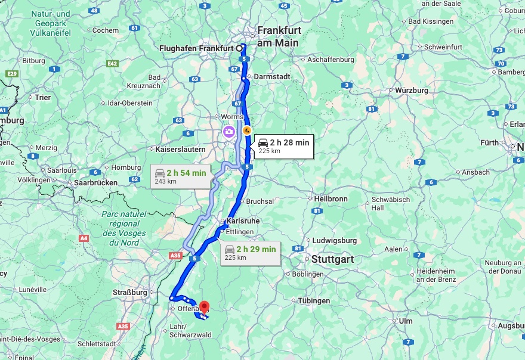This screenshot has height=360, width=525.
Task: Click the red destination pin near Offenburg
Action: coord(204,308)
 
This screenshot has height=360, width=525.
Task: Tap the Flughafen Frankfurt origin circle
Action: coord(239,48)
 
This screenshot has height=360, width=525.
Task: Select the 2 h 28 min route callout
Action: coord(283,145)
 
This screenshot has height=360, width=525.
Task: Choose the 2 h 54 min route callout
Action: coord(180,176)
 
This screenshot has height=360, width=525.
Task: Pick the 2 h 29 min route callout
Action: coord(250,253)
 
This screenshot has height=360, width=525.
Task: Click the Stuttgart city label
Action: coord(332,259)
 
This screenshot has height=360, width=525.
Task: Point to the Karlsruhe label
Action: coord(243,221)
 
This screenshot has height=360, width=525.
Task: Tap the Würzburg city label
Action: coord(412,90)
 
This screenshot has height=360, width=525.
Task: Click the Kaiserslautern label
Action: coord(180,149)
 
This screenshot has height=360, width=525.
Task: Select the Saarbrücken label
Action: coord(95,182)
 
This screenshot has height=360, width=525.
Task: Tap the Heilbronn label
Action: coord(331,198)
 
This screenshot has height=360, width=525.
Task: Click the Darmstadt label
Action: coord(271,77)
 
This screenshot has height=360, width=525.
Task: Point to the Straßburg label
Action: coord(129,293)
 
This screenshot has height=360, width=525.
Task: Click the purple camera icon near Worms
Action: coord(228,131)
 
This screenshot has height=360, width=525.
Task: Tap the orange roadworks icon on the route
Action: coord(246,130)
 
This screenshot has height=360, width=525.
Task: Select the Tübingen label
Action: coord(314,301)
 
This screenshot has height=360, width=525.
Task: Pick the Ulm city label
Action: coord(406,321)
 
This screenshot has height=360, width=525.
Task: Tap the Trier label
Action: coord(43,97)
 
